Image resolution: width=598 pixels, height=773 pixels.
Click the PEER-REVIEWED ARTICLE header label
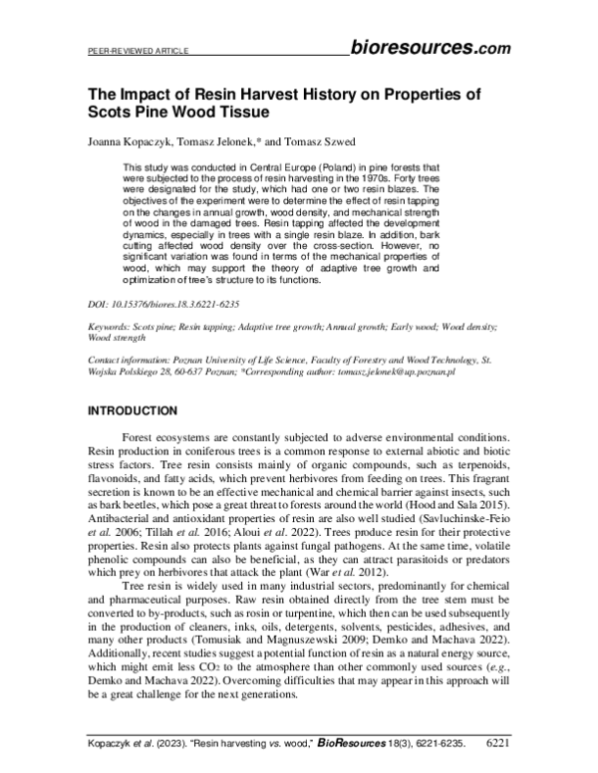pyautogui.click(x=126, y=49)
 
